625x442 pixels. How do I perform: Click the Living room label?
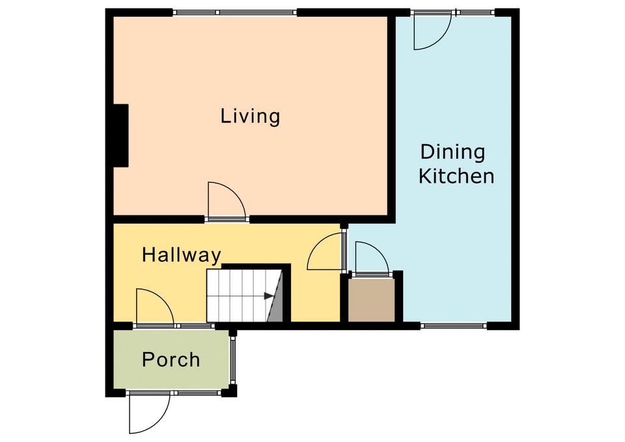(250, 117)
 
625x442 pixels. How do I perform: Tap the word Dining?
(453, 152)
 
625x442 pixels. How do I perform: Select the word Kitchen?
(456, 176)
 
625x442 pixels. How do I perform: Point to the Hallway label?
(182, 255)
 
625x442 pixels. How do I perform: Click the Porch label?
(171, 359)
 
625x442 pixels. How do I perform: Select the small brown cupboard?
(372, 299)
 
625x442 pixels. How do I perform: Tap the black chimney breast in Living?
(121, 135)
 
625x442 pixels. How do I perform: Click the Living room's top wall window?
(235, 13)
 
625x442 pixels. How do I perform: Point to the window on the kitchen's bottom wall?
(454, 325)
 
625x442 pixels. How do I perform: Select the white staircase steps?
(237, 296)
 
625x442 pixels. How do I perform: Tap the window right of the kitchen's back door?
(477, 13)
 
